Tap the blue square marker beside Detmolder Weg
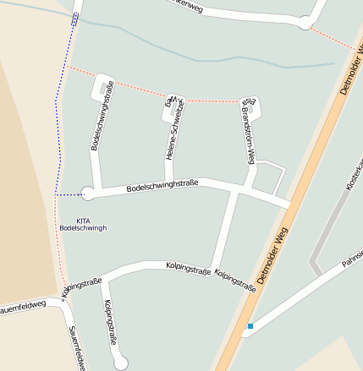[x=250, y=326]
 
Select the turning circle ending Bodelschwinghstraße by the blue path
[x=87, y=194]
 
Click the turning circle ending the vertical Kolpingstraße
[x=121, y=363]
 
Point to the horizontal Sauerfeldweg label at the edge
[x=23, y=306]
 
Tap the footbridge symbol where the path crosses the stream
[x=75, y=19]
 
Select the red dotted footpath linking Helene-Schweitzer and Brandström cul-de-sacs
[x=212, y=101]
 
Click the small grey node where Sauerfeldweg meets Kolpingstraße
[x=63, y=298]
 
